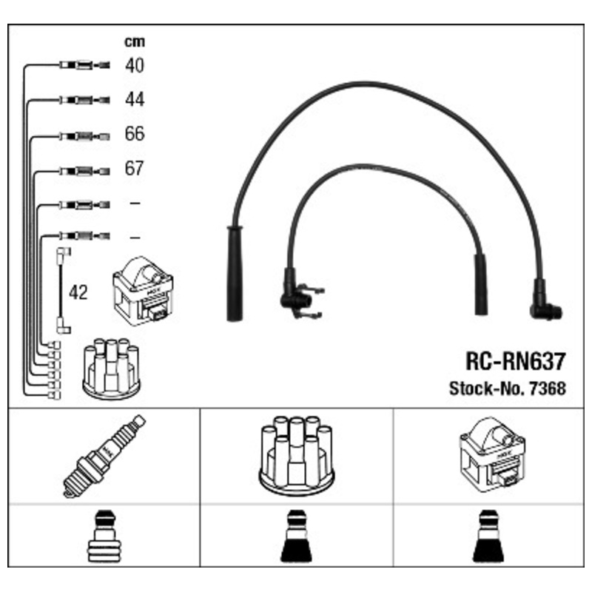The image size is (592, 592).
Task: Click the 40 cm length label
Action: click(134, 65)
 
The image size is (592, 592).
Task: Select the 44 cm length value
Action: click(134, 99)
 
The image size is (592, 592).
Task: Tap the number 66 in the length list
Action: click(134, 134)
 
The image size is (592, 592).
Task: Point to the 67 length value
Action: click(134, 168)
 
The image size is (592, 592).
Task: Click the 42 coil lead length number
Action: click(78, 292)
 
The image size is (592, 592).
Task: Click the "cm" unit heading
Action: click(134, 42)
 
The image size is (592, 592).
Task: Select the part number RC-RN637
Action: click(516, 361)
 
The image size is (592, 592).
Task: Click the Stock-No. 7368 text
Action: click(507, 388)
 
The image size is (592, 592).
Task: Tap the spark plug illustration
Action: click(102, 455)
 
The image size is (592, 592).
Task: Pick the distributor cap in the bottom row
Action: click(296, 457)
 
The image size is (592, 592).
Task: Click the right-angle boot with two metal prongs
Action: click(300, 296)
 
